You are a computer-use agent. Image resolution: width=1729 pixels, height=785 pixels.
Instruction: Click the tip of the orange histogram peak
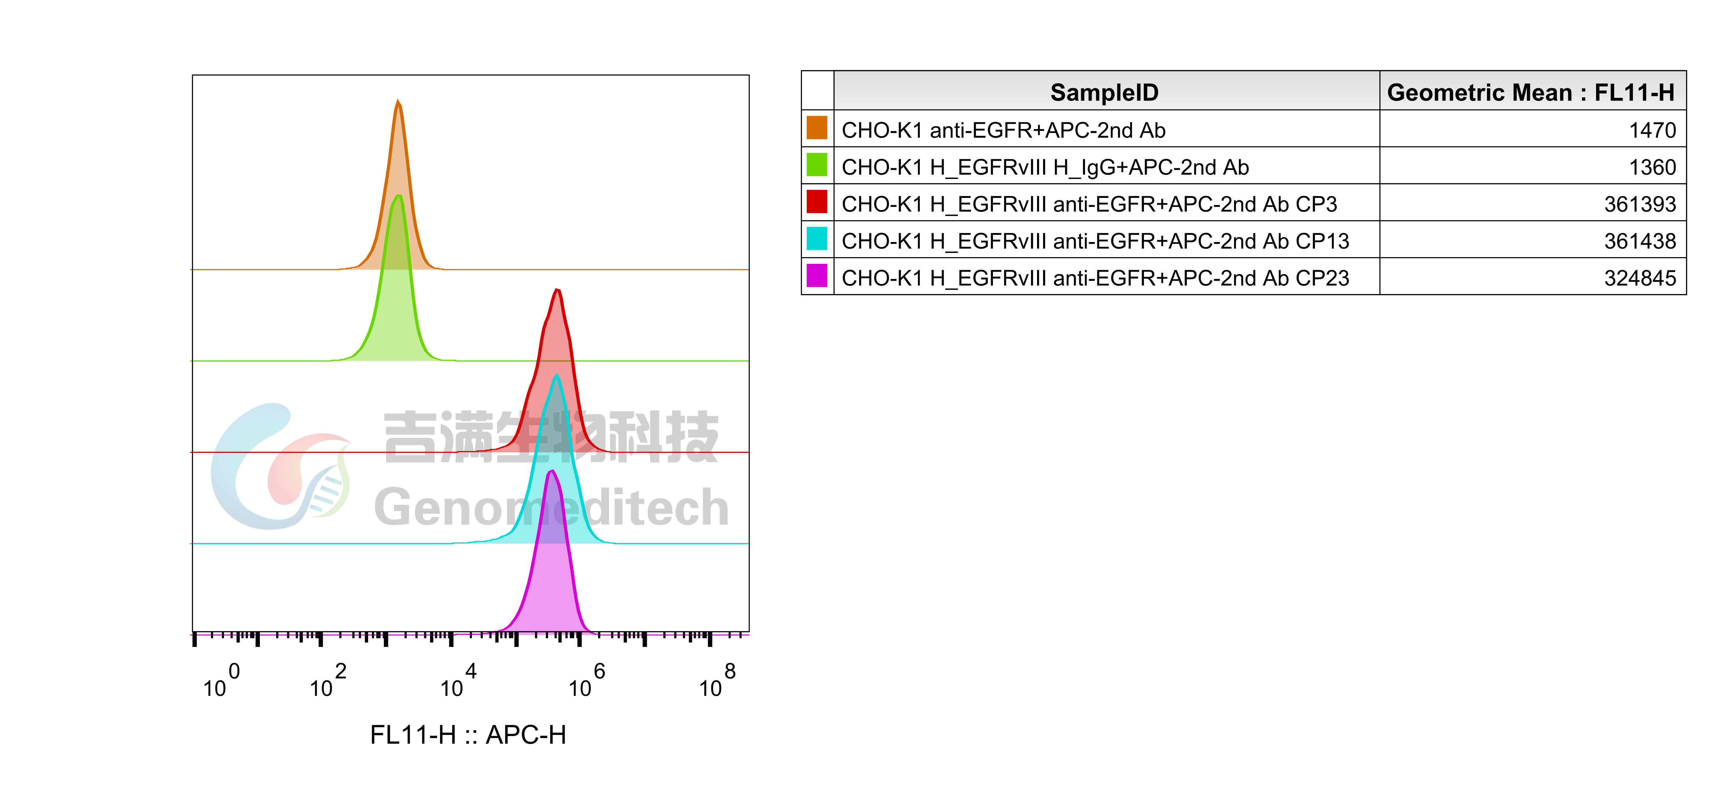click(399, 101)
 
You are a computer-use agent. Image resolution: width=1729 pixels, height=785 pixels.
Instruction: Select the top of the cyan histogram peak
click(556, 375)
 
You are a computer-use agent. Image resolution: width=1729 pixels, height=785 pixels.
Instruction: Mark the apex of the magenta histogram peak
click(552, 471)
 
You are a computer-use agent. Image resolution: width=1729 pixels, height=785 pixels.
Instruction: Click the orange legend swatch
click(816, 128)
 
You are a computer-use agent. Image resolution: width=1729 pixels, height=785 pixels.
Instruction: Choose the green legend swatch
click(816, 164)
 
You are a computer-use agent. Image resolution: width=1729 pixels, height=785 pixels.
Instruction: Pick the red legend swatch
click(816, 201)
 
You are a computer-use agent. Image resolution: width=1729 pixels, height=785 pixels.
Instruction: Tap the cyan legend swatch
click(816, 238)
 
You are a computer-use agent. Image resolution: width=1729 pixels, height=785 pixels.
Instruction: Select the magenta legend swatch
click(816, 275)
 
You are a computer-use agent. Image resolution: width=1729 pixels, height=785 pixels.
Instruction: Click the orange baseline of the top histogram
click(604, 270)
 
